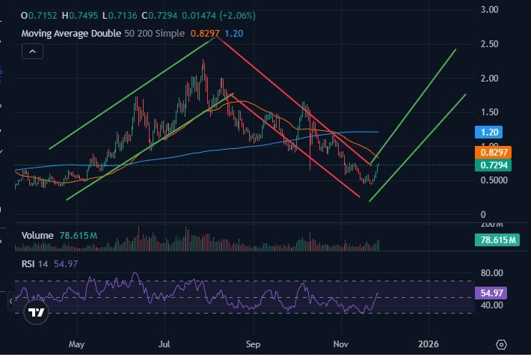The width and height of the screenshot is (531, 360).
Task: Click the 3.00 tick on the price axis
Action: [490, 10]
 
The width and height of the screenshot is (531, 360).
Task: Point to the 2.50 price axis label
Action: [490, 44]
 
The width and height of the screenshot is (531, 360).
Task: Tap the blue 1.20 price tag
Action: [489, 132]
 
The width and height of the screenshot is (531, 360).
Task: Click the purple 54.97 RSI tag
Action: [489, 293]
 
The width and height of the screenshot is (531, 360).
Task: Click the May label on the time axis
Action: [76, 345]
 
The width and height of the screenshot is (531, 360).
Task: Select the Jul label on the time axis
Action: [165, 345]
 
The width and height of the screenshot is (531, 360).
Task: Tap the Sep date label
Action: [253, 345]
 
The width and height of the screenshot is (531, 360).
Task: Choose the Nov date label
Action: [341, 345]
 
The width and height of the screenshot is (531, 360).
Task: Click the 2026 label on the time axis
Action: [429, 345]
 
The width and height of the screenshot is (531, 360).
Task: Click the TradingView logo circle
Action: [35, 313]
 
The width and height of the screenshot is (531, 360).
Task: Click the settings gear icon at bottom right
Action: [501, 345]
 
